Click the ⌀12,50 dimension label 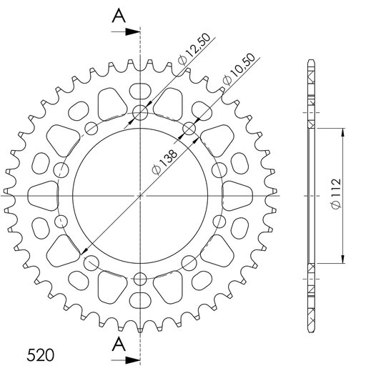[194, 49]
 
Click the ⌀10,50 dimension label [238, 69]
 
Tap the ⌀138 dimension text [164, 163]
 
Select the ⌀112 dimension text [336, 194]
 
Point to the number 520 [40, 355]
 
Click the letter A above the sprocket [119, 16]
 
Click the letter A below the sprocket [119, 345]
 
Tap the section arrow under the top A [126, 31]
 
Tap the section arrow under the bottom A [126, 360]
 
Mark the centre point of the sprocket [140, 196]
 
